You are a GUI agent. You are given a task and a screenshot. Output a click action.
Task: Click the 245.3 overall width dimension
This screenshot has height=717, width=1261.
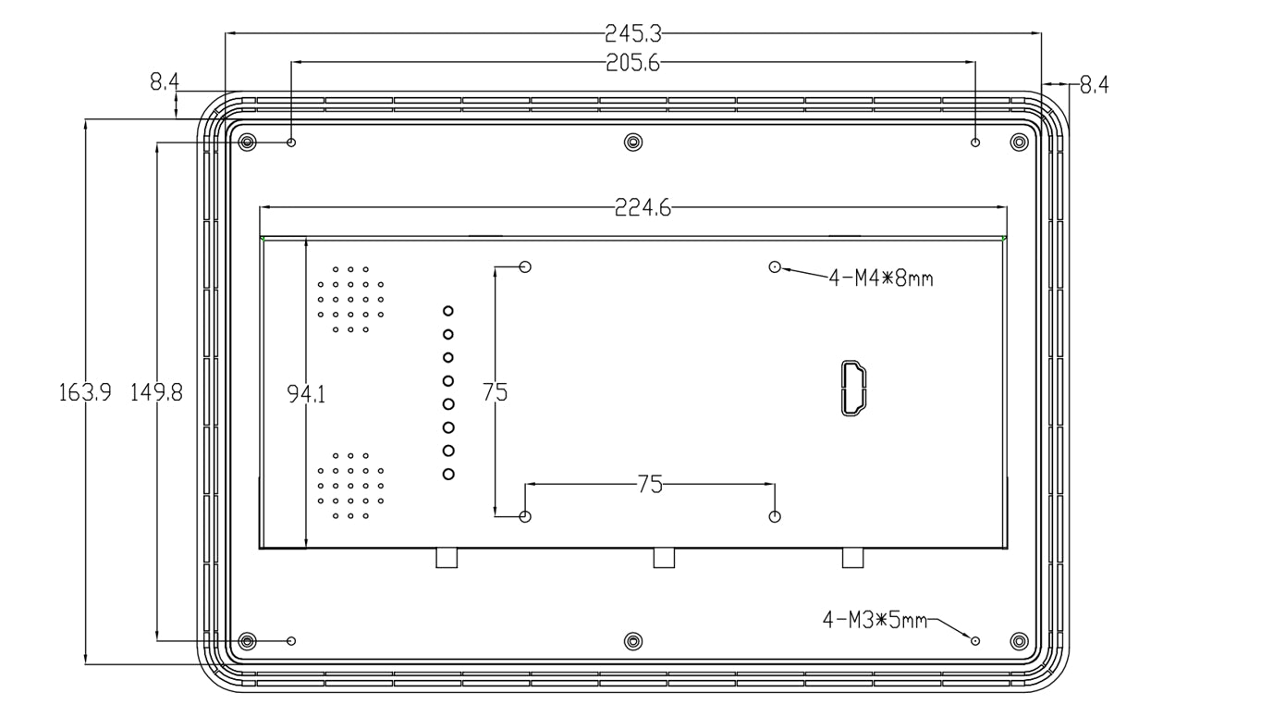tap(633, 34)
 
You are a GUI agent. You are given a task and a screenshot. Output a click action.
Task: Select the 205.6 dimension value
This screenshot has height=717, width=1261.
tap(633, 62)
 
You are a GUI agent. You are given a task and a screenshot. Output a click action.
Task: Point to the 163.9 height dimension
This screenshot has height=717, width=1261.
tap(86, 392)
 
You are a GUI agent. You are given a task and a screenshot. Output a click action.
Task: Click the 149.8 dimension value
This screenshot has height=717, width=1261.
tap(157, 392)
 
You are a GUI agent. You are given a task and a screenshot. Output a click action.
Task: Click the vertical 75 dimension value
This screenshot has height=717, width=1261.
tap(496, 392)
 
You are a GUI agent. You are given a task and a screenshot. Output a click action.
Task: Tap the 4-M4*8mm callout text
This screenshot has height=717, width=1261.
tap(880, 278)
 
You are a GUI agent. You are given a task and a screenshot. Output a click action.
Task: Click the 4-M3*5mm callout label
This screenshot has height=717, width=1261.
tap(875, 619)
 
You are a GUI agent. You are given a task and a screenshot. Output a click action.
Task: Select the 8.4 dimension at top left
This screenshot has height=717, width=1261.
tap(165, 83)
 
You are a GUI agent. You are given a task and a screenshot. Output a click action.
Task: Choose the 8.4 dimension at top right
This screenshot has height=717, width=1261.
tap(1095, 85)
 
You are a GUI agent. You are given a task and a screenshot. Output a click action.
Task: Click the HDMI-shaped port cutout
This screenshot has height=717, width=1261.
tap(851, 389)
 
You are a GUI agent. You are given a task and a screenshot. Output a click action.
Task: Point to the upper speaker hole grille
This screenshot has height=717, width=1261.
tap(351, 300)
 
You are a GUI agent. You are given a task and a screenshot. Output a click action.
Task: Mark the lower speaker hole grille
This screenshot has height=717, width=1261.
tap(351, 486)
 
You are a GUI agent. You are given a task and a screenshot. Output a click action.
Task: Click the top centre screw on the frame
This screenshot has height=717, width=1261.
tap(633, 142)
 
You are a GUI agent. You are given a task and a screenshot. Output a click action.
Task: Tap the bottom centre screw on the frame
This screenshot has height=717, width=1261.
tap(633, 641)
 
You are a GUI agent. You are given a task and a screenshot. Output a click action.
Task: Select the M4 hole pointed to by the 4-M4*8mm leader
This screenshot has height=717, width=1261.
tap(775, 267)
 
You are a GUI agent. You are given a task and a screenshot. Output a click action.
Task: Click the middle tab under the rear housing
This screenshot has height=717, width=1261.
tap(664, 558)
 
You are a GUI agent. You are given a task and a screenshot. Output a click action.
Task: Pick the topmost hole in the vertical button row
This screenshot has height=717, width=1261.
tap(448, 311)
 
